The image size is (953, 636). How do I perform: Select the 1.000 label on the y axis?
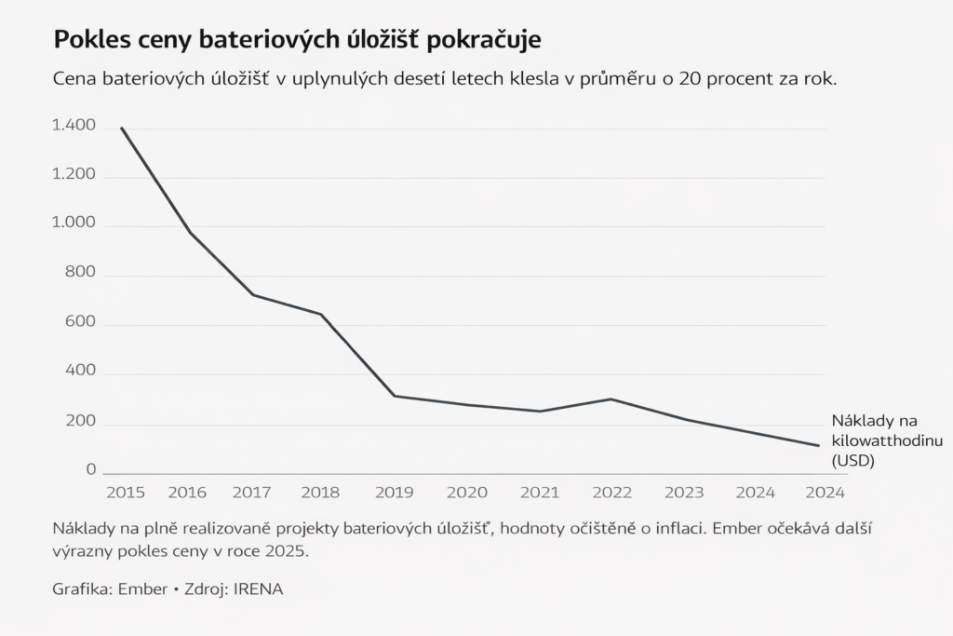[74, 223]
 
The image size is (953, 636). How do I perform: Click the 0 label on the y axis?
[91, 470]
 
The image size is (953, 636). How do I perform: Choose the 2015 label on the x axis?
[126, 491]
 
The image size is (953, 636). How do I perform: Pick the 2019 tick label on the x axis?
[394, 491]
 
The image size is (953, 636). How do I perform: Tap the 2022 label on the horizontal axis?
[612, 491]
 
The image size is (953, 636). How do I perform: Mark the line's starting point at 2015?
[122, 129]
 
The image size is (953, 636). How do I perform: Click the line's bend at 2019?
[394, 396]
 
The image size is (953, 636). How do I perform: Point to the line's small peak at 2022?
[611, 399]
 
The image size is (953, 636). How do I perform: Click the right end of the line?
[817, 445]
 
